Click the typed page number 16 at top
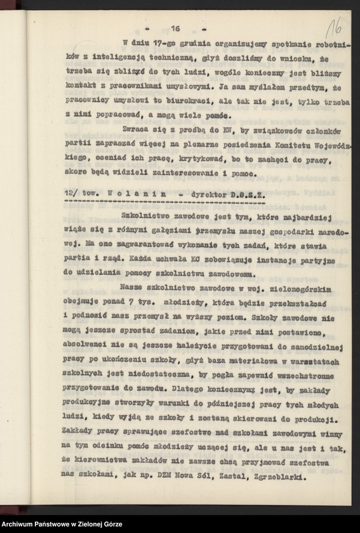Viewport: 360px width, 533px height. click(x=176, y=28)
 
